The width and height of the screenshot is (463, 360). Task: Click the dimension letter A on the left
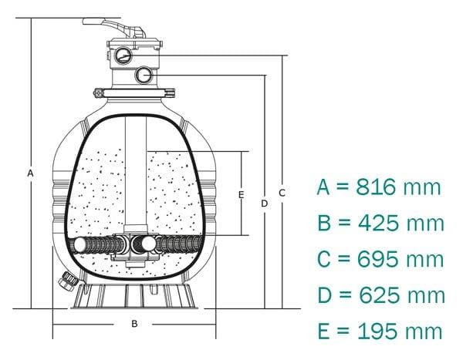[x=30, y=173]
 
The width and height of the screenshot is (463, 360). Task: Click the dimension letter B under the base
[x=133, y=324]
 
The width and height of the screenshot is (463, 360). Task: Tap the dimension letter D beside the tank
[x=264, y=204]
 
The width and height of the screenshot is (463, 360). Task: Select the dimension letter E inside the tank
[x=241, y=194]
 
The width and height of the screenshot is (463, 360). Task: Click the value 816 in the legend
[x=377, y=187]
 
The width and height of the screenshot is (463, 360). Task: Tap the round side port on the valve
[x=143, y=75]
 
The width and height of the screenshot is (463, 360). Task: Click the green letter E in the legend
[x=325, y=331]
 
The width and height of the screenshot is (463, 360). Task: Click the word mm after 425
[x=427, y=223]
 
